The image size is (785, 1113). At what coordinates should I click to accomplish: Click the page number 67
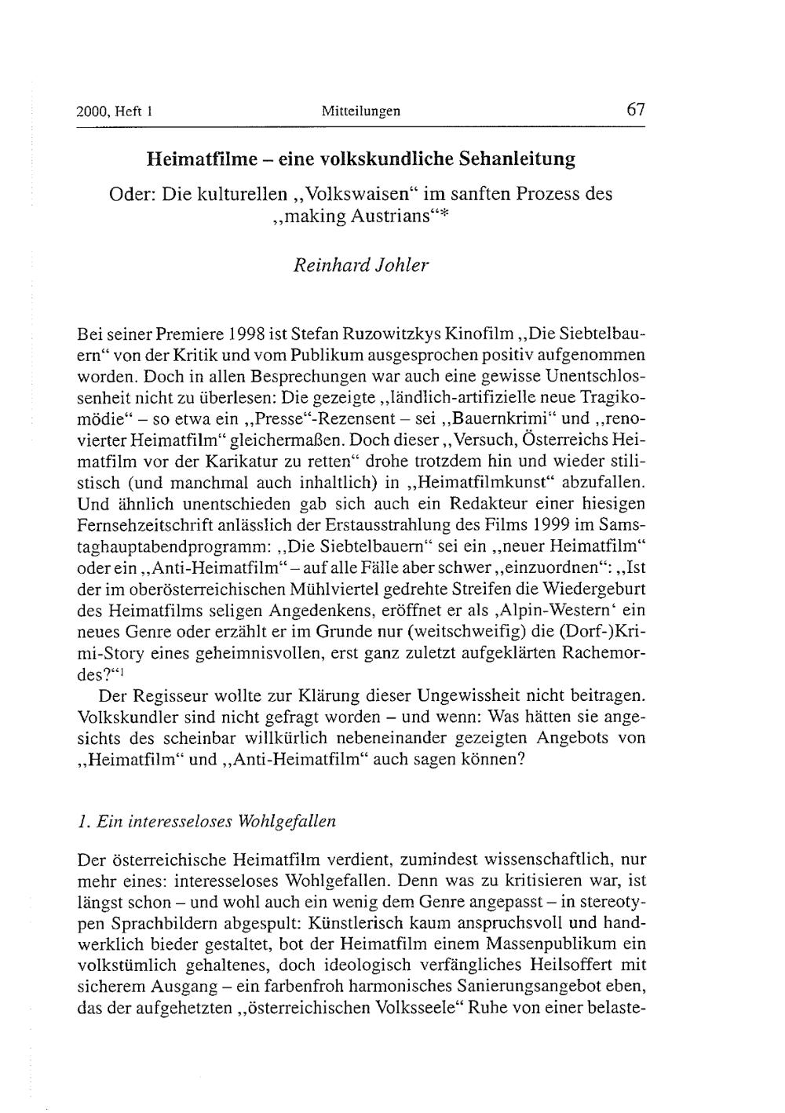point(636,110)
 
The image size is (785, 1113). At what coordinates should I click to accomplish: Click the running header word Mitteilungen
point(361,111)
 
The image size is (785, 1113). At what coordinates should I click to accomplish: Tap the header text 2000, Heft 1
point(114,111)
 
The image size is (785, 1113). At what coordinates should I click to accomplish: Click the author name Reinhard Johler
point(361,265)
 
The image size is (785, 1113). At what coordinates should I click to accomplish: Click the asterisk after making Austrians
point(444,214)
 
